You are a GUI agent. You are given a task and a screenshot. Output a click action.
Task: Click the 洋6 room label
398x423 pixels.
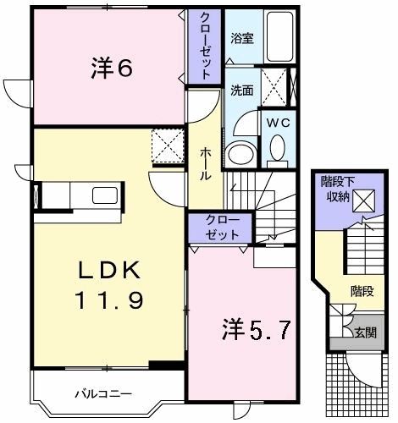coord(111,69)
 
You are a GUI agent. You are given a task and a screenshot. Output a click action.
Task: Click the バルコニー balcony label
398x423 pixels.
coord(102,393)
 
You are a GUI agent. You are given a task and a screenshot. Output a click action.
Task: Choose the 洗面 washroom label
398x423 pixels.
coord(241,90)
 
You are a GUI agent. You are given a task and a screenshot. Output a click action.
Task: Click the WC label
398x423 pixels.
coord(277,122)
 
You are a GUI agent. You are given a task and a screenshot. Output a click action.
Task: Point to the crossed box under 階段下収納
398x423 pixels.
coord(366,201)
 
